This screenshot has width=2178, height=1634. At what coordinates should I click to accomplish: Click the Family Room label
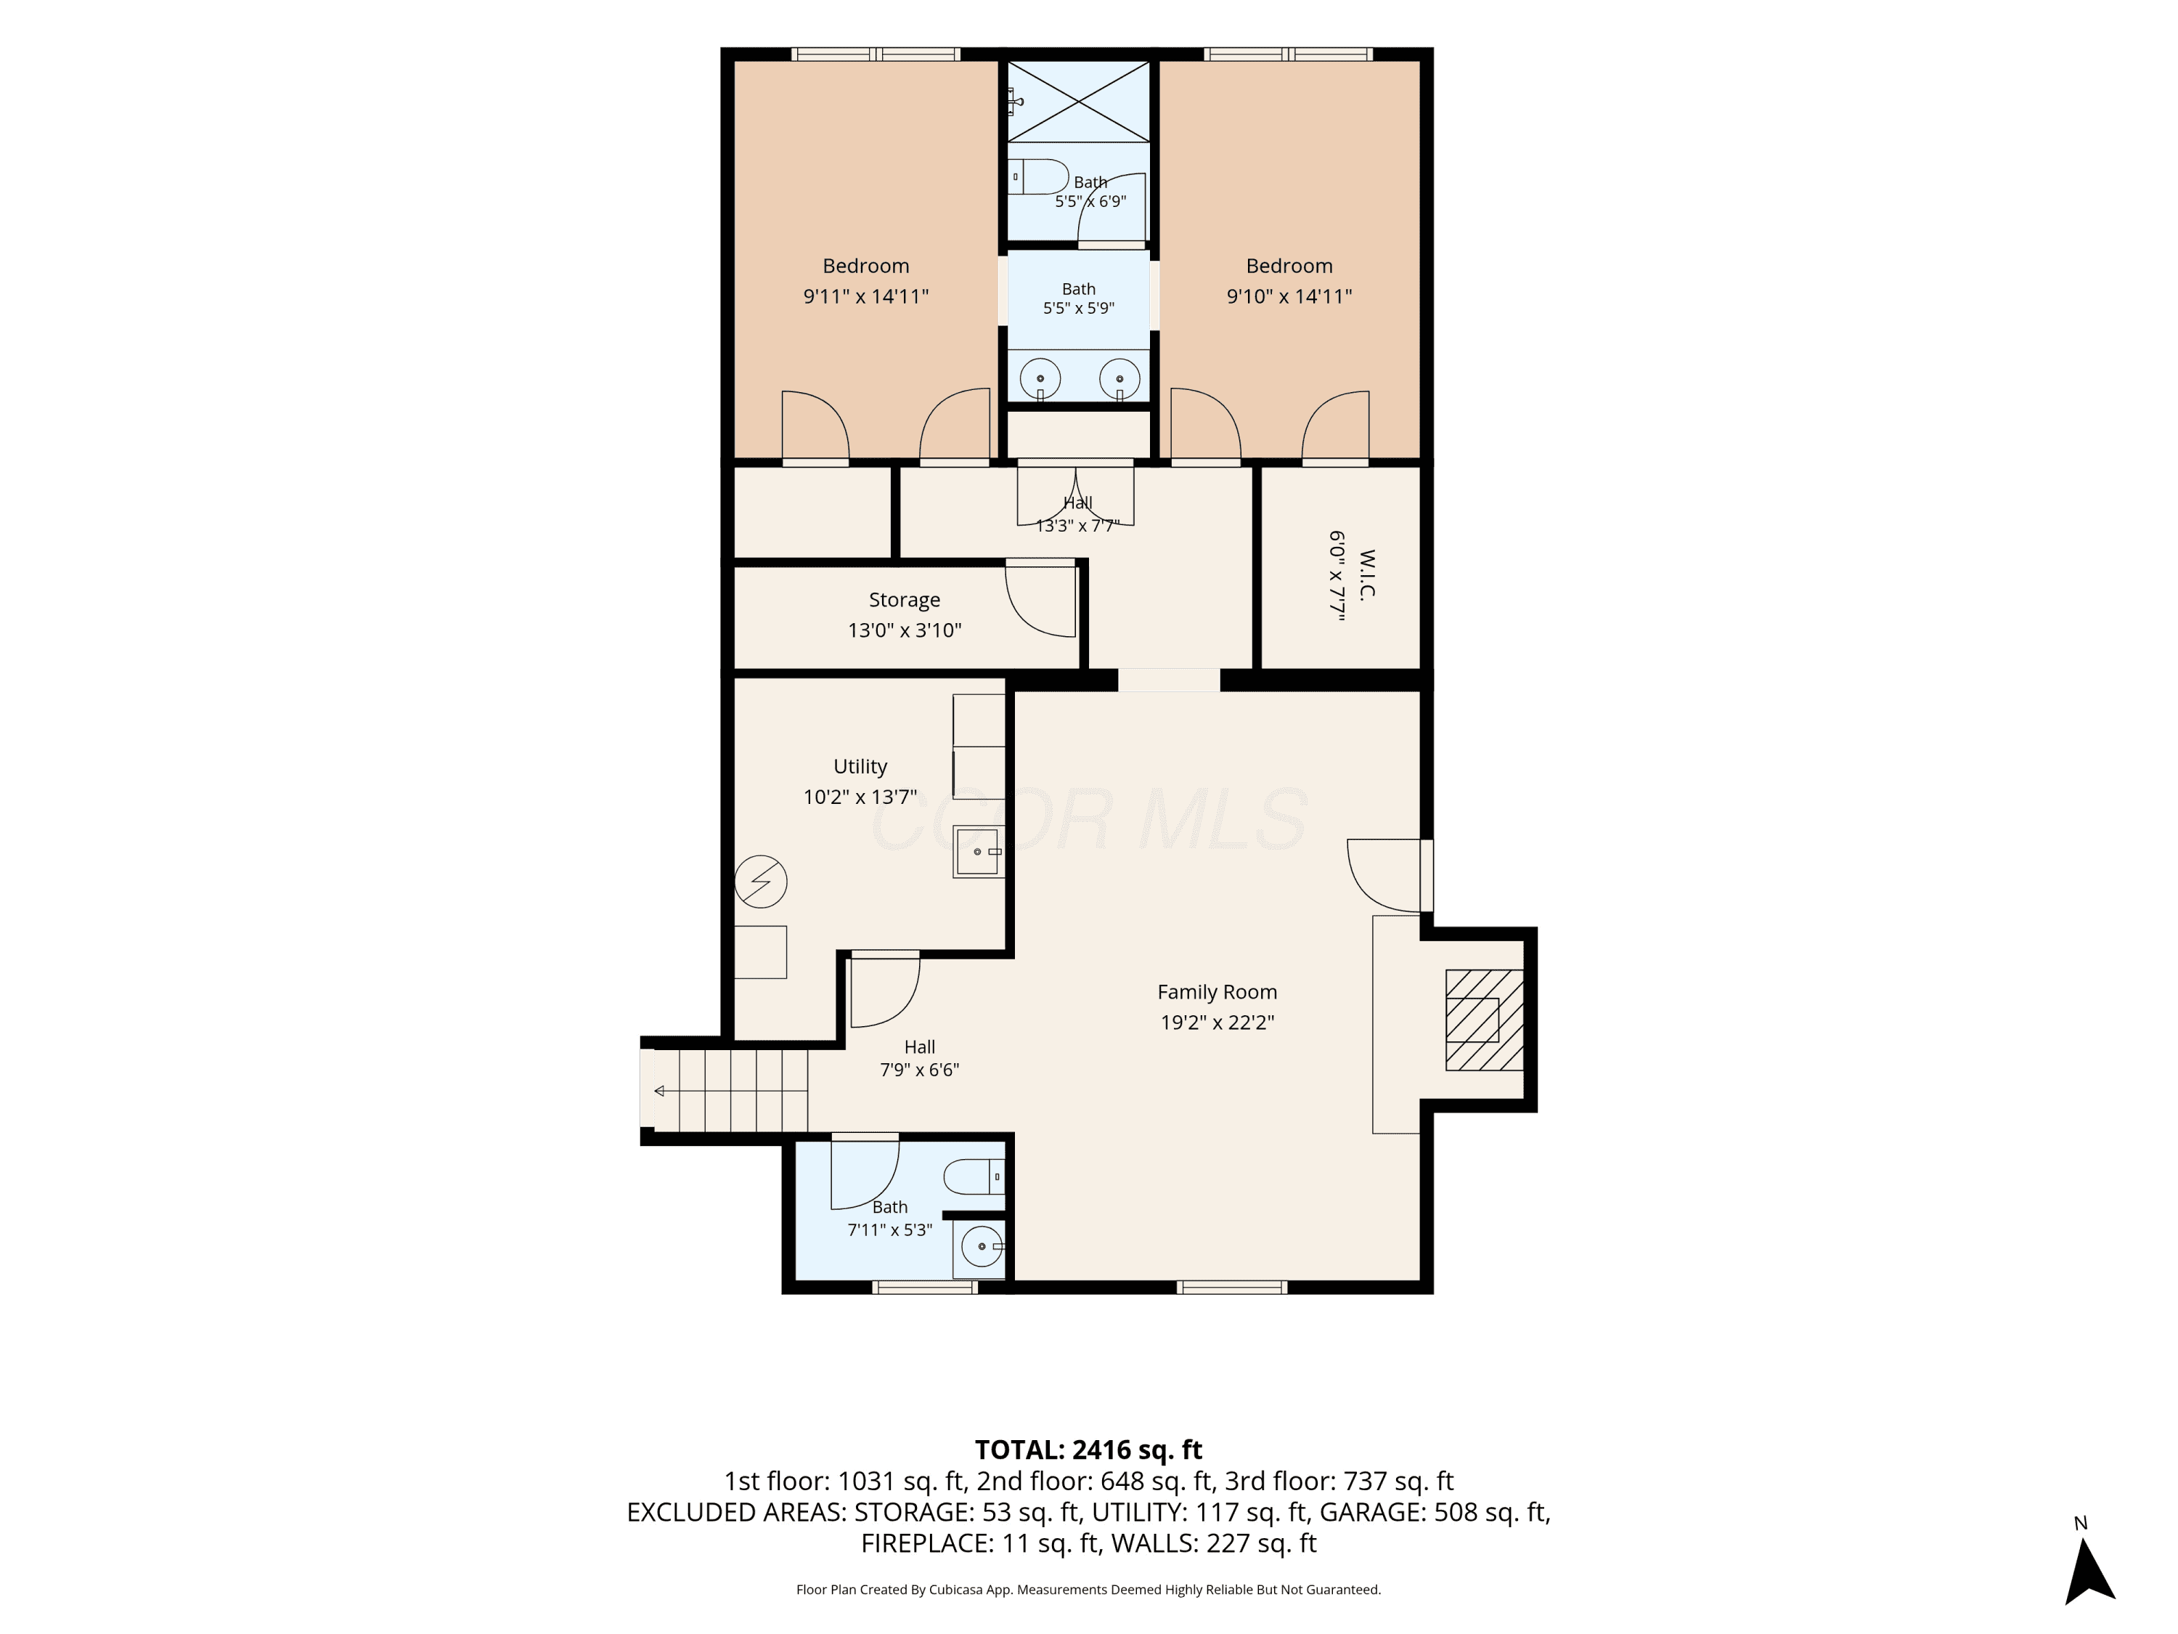(1217, 992)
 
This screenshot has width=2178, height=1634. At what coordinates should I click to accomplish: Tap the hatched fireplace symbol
(1484, 1020)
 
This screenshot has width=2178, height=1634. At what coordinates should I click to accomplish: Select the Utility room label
(860, 766)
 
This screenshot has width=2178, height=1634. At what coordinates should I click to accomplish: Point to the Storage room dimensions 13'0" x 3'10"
(905, 630)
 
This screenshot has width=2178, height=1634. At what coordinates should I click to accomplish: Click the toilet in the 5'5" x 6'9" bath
(1037, 177)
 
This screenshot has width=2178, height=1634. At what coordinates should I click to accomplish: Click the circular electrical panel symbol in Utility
(761, 882)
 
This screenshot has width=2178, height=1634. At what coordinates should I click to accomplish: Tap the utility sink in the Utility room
(979, 851)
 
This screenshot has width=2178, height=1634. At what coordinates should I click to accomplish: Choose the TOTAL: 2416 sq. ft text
(1088, 1450)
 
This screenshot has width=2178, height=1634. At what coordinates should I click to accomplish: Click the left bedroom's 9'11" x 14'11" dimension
(866, 296)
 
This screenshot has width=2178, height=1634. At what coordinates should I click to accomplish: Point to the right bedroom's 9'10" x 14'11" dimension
(1289, 296)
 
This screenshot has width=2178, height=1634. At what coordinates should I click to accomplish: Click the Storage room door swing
(1041, 599)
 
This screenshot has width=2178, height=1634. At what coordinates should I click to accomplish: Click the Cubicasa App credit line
(1088, 1590)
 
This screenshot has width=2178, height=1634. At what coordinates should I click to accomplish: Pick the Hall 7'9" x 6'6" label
(920, 1059)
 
